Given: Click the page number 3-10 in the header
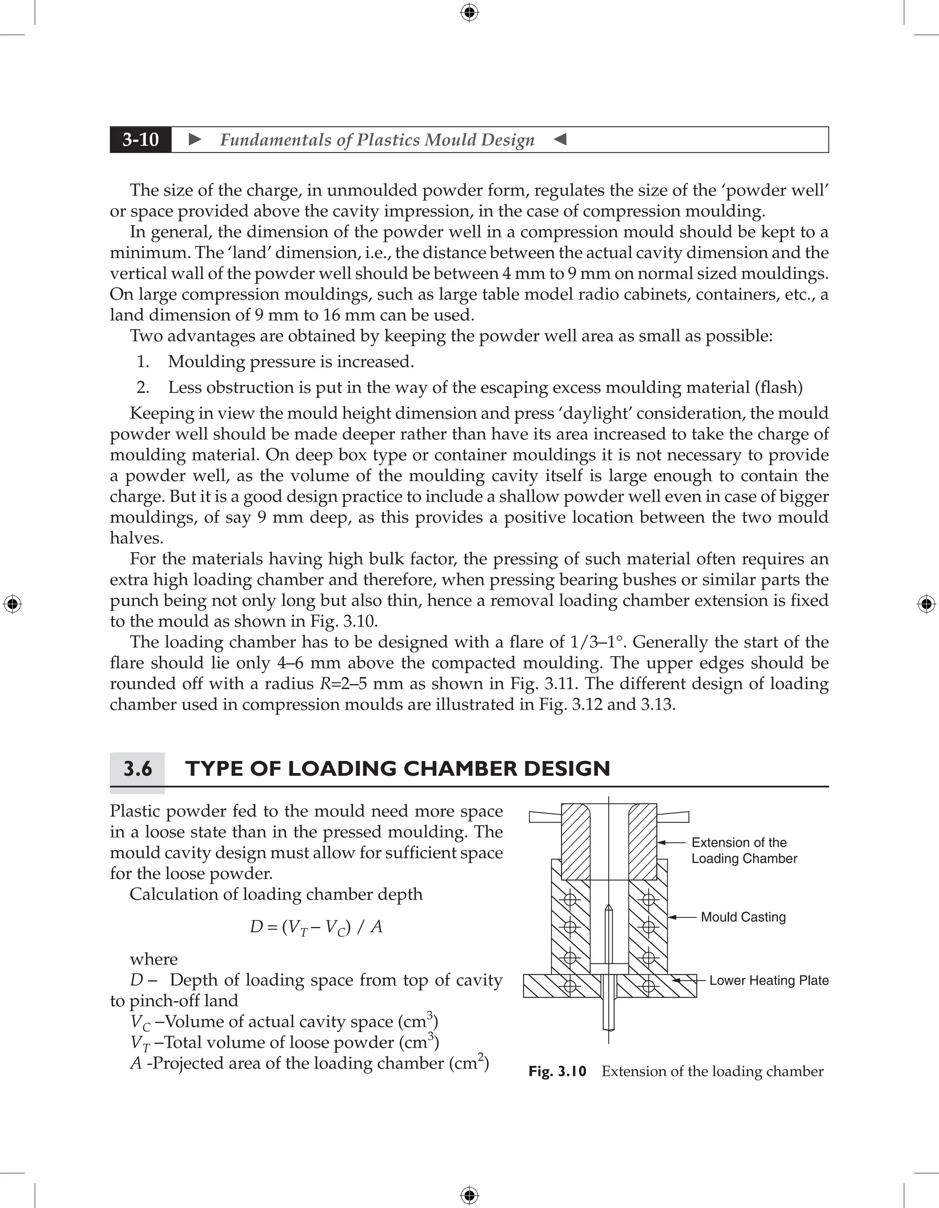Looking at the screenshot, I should [x=141, y=139].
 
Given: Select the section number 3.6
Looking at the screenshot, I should [x=137, y=769].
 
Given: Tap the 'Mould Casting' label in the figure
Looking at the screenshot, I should [x=743, y=917].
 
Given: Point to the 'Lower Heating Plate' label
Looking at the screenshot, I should [x=768, y=981].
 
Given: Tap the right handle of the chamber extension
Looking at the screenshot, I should [x=673, y=816].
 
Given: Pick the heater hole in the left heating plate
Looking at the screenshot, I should [x=569, y=986].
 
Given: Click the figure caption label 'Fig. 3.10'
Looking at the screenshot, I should [x=557, y=1071].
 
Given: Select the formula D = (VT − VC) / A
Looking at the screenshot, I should [x=316, y=927].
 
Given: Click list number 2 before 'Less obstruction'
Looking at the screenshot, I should [x=143, y=388].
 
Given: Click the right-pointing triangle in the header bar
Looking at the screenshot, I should [x=195, y=139].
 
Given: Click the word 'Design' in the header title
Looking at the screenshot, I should [x=508, y=140].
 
